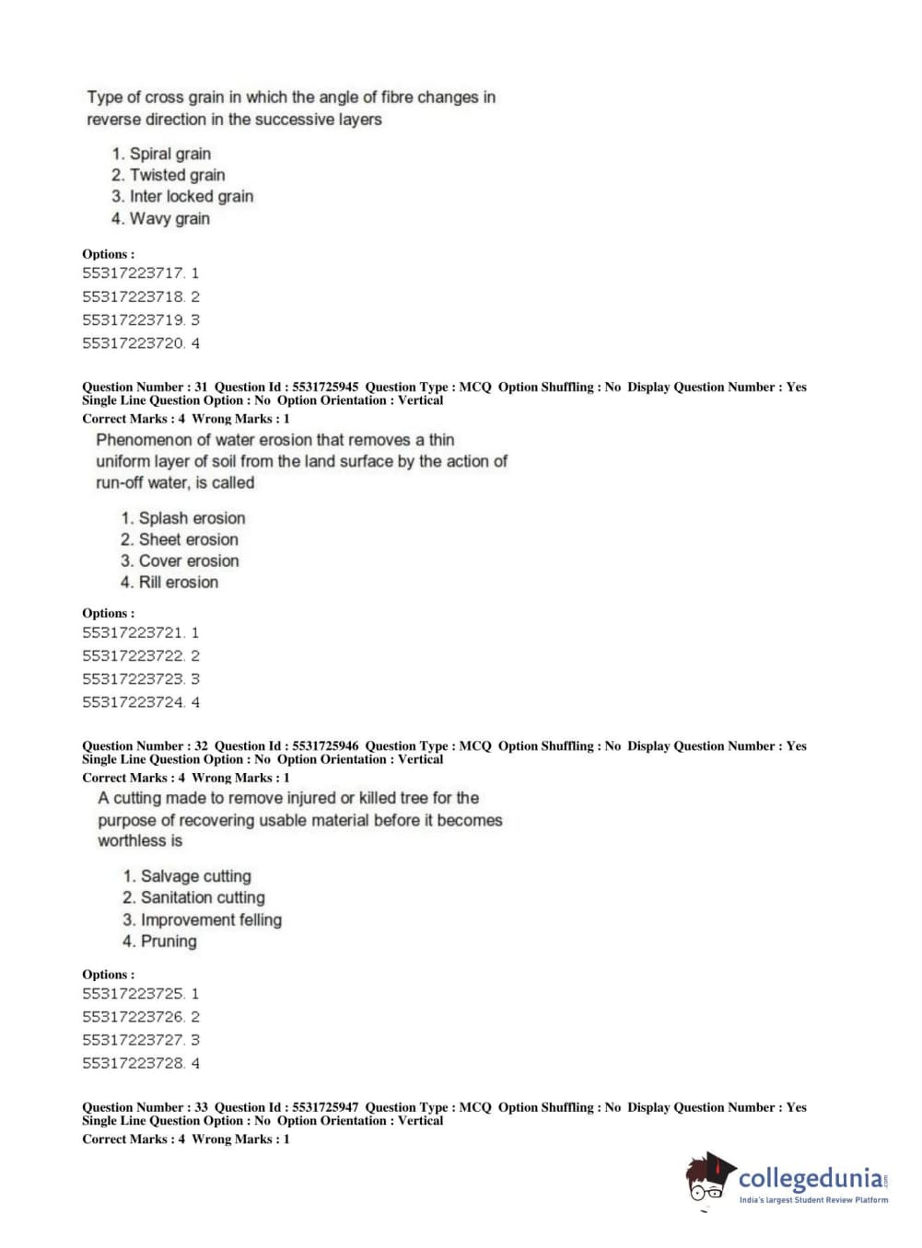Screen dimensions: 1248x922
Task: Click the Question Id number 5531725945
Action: (325, 387)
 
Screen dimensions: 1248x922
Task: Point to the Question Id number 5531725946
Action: (325, 746)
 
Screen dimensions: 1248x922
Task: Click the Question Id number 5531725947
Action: (325, 1108)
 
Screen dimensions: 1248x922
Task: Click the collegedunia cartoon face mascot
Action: (707, 1181)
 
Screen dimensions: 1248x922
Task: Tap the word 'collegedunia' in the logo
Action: (811, 1178)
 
